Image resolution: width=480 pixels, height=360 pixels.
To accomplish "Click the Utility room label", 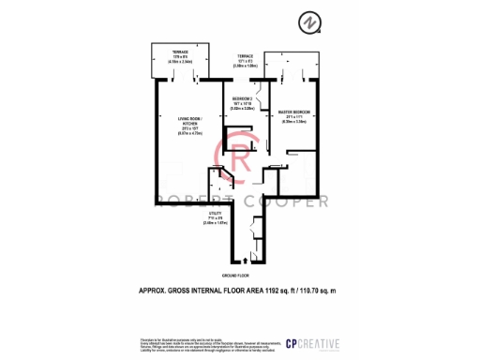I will point(215,215).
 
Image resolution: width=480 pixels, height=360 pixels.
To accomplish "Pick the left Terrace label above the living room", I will point(180,52).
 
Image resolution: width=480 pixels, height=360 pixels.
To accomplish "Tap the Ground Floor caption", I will point(234,277).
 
